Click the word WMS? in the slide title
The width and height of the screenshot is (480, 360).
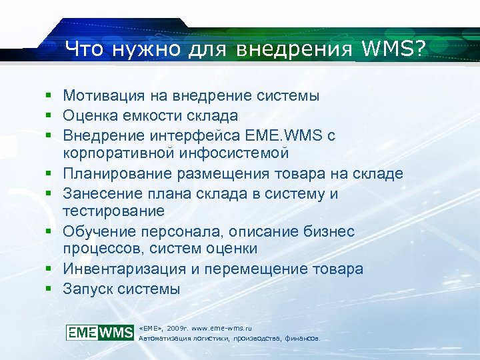click(x=394, y=48)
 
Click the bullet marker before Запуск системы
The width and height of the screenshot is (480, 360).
click(x=49, y=289)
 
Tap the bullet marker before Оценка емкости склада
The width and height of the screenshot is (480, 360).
click(x=49, y=115)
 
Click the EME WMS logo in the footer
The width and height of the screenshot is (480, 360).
click(x=100, y=332)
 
